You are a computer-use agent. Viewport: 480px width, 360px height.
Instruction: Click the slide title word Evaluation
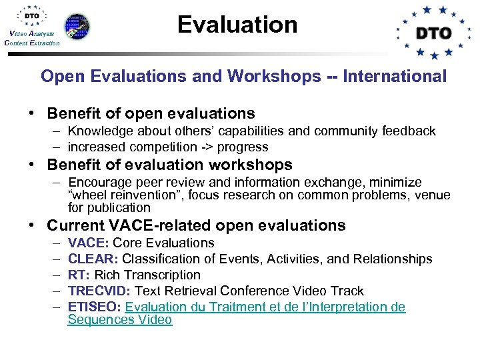[237, 25]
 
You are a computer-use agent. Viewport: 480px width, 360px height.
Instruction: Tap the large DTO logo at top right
[434, 32]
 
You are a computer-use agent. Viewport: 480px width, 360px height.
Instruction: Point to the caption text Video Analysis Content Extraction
[31, 38]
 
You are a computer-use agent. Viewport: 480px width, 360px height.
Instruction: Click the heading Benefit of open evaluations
[151, 113]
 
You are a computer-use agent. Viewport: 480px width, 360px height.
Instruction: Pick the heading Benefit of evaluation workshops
[169, 165]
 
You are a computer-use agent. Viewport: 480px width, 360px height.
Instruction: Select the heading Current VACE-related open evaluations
[196, 225]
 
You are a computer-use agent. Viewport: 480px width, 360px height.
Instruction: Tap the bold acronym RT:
[79, 275]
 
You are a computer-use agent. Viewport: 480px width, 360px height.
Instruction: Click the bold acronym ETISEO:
[95, 307]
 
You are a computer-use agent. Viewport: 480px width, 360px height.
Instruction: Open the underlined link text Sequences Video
[120, 320]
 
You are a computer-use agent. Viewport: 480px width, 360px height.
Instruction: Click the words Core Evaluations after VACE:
[163, 243]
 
